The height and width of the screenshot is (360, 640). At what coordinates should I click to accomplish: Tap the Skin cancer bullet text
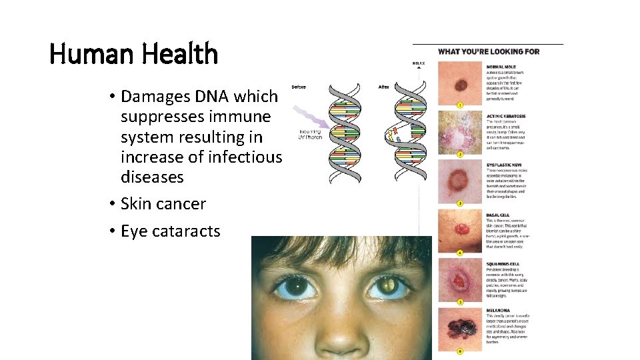coord(163,204)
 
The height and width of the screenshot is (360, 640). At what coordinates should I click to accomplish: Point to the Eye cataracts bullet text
coord(170,231)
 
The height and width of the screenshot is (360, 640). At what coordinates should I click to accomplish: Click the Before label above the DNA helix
coord(299,87)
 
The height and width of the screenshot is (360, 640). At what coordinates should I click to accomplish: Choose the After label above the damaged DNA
coord(384,87)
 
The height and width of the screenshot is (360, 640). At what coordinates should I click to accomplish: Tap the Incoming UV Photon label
coord(311,134)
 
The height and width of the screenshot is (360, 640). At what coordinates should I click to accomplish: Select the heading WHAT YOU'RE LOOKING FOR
coord(488,52)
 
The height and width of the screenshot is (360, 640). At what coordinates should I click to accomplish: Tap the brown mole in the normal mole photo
coord(460,85)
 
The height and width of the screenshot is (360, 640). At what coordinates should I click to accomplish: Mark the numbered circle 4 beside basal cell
coord(459,253)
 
